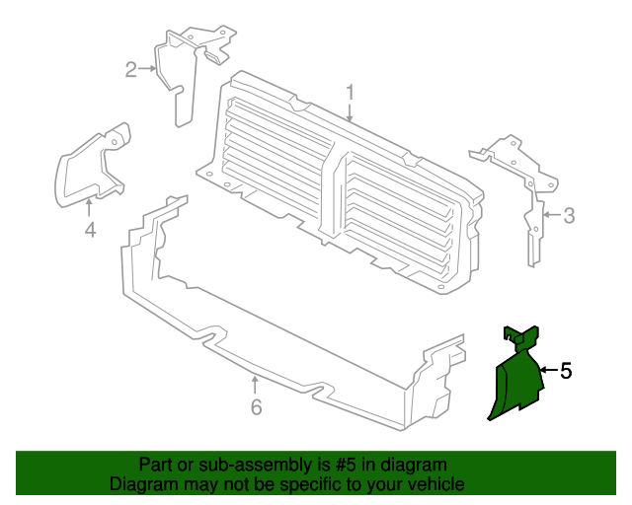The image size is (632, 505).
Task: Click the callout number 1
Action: [x=350, y=93]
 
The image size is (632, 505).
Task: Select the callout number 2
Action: [x=131, y=70]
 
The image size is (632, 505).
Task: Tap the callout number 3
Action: [x=569, y=215]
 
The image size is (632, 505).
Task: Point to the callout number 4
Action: [x=90, y=230]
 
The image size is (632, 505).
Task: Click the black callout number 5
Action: [x=566, y=371]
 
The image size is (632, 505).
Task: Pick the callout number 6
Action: [x=257, y=406]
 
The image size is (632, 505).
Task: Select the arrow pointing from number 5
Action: [x=549, y=370]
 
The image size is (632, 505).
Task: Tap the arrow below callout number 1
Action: [x=350, y=112]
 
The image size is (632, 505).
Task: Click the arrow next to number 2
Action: [x=147, y=69]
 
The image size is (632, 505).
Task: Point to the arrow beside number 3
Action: [x=552, y=215]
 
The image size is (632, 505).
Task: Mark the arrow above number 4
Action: [x=89, y=208]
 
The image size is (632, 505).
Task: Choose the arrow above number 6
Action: [x=255, y=385]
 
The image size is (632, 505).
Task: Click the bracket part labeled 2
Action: [x=190, y=72]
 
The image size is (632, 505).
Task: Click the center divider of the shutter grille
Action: [x=333, y=193]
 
